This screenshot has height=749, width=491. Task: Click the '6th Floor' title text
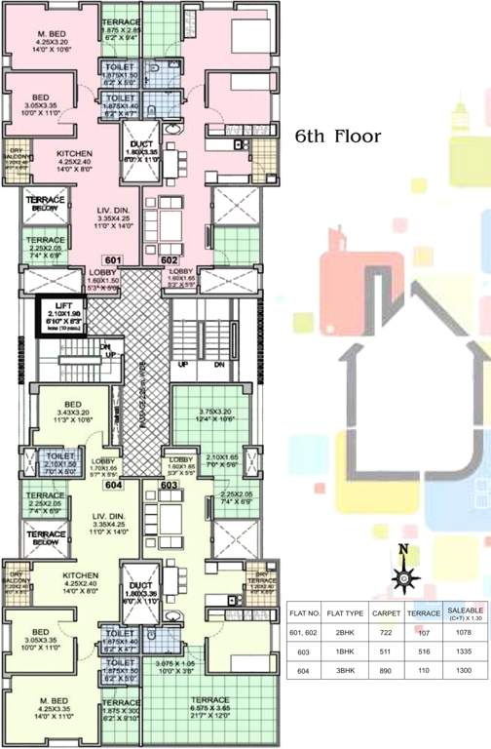click(338, 138)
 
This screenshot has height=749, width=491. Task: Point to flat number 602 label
click(170, 261)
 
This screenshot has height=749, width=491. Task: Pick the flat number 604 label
click(113, 484)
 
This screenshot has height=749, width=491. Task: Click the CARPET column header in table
click(387, 614)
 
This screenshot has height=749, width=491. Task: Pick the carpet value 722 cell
click(387, 633)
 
